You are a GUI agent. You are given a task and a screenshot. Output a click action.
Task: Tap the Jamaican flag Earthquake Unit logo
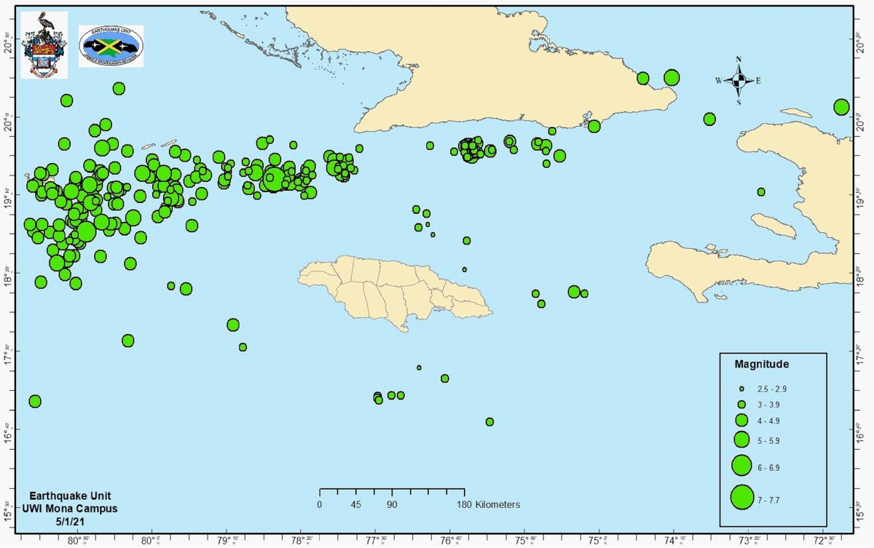[x=111, y=47]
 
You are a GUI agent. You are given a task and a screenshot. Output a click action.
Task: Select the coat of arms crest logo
[x=44, y=45]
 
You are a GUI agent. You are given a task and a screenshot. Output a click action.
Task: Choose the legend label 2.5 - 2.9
[x=771, y=389]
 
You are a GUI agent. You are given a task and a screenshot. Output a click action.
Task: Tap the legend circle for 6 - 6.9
[x=741, y=464]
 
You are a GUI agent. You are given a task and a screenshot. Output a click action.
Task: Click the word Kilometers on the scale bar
[x=498, y=504]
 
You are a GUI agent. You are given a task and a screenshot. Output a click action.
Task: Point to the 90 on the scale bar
[x=392, y=504]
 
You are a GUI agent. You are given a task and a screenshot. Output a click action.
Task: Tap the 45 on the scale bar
[x=355, y=504]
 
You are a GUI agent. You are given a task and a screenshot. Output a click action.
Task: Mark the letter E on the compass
[x=758, y=81]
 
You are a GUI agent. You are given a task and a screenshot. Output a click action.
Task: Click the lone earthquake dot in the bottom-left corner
[x=34, y=401]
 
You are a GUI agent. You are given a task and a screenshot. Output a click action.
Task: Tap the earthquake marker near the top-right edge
[x=841, y=107]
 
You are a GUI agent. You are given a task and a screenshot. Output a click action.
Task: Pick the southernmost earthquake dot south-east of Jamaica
[x=489, y=421]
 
